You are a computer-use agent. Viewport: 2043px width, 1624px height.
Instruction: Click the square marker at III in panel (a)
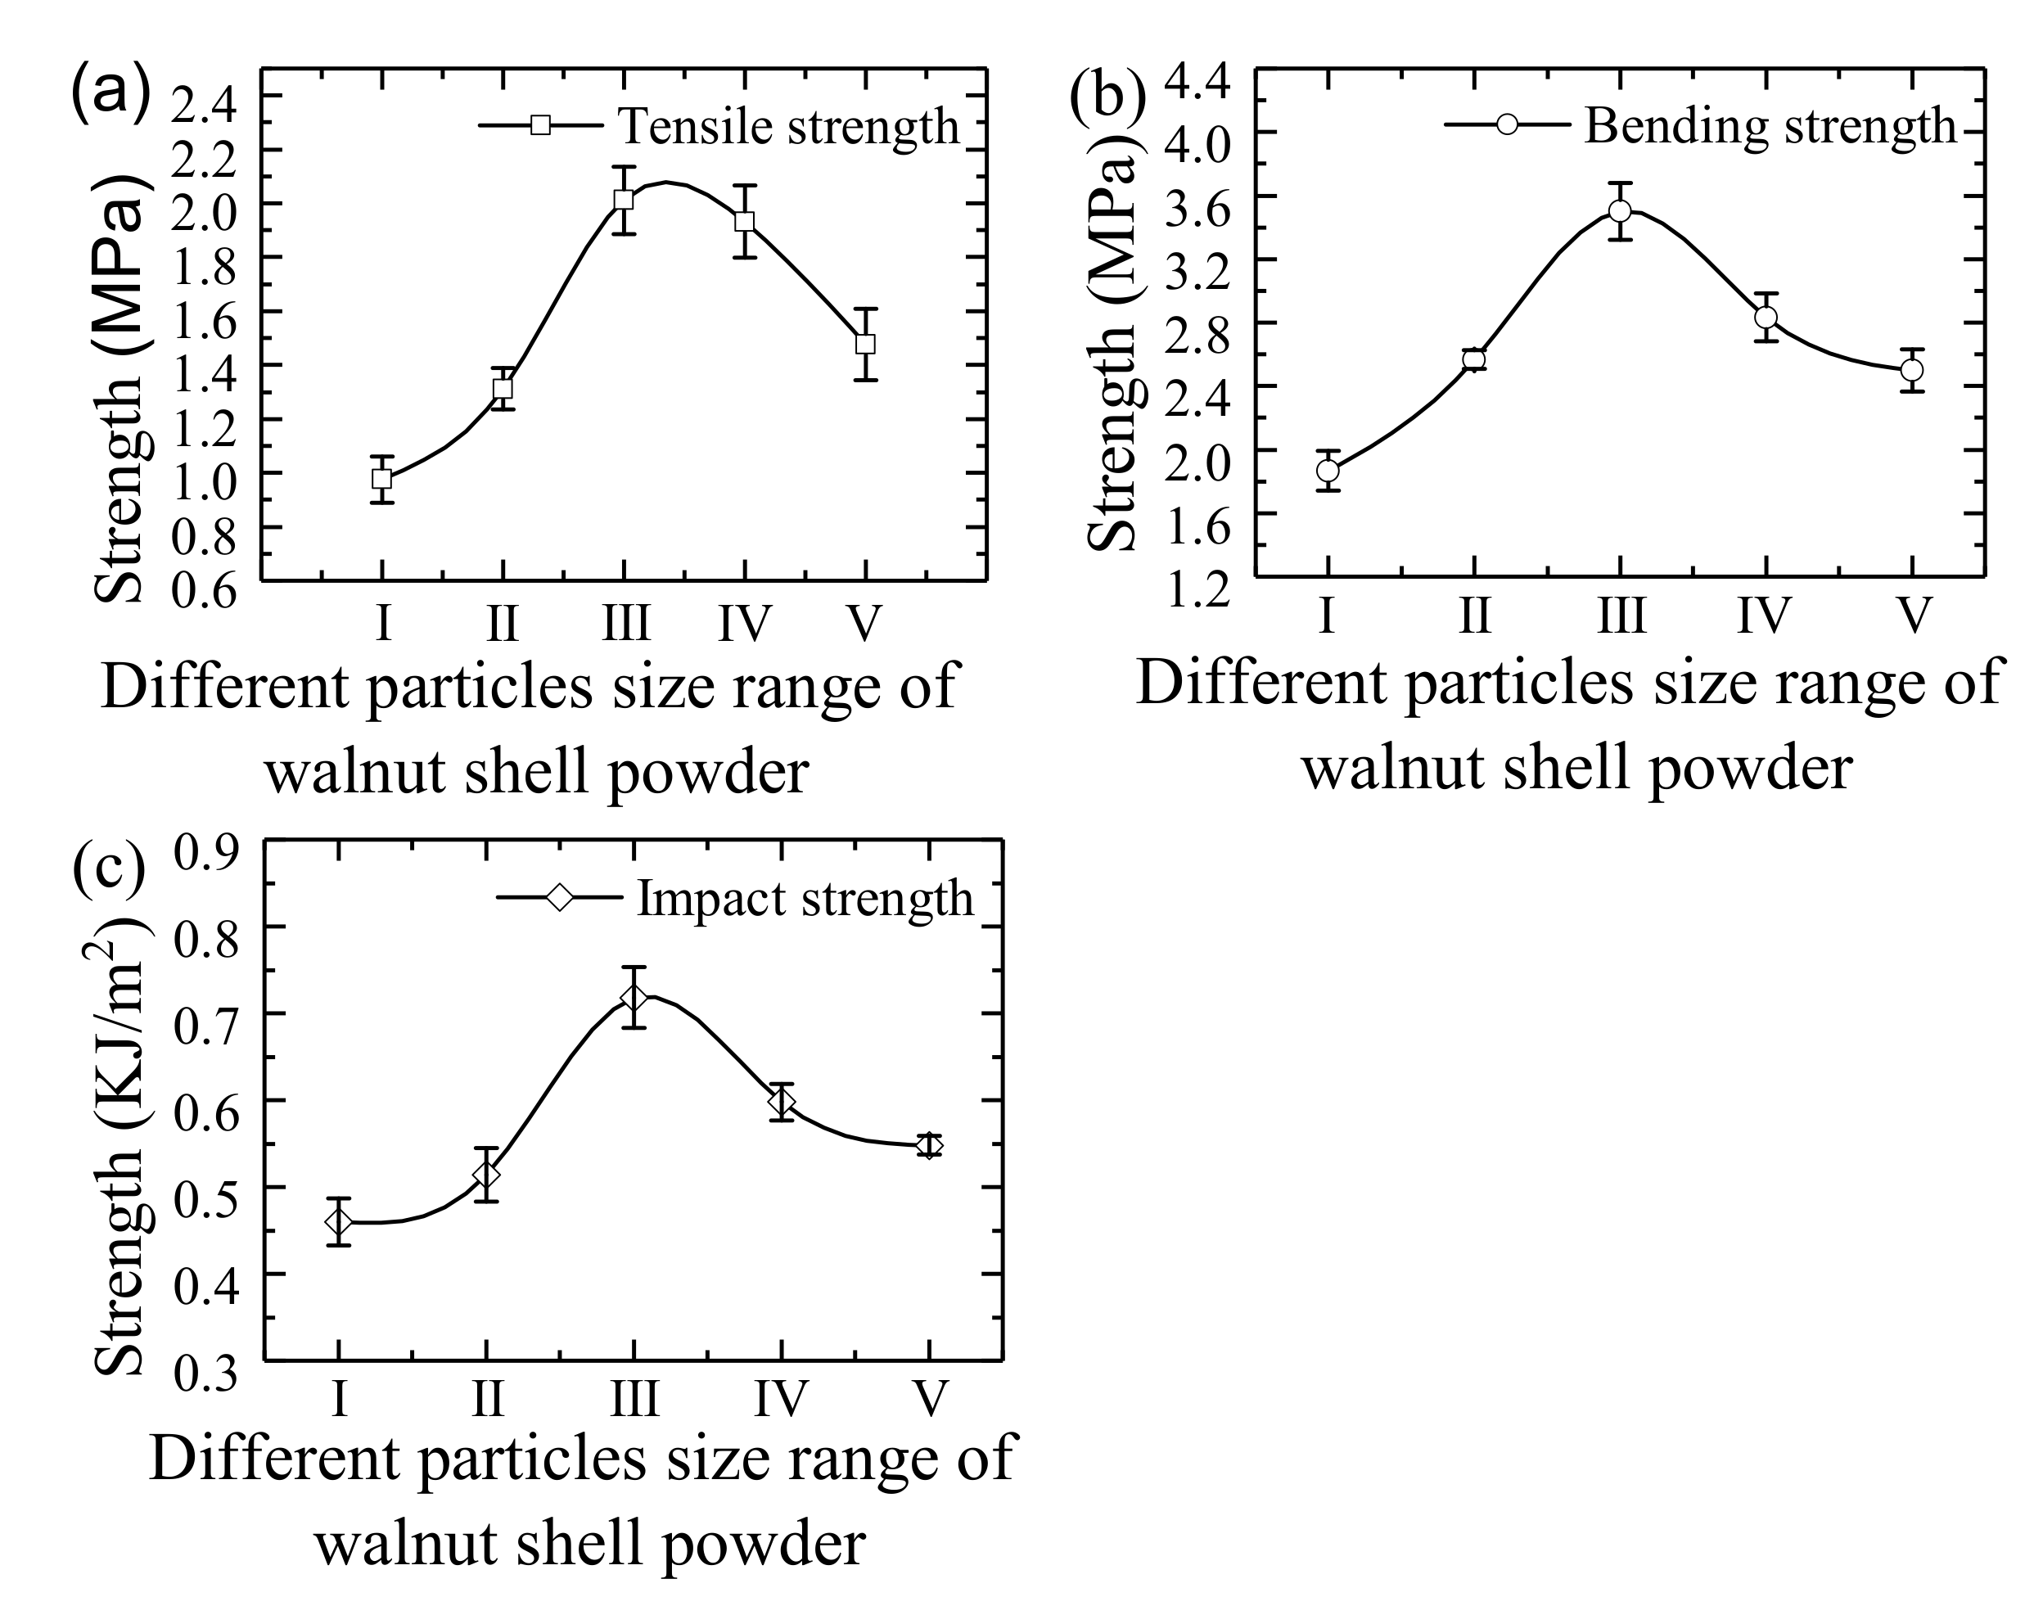click(x=623, y=200)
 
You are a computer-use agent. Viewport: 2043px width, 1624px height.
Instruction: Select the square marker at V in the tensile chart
click(x=864, y=344)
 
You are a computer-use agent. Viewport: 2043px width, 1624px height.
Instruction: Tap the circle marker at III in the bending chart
click(x=1620, y=210)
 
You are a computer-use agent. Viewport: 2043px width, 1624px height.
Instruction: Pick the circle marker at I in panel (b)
click(x=1328, y=470)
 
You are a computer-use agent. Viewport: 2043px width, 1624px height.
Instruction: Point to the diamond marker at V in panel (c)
click(x=930, y=1145)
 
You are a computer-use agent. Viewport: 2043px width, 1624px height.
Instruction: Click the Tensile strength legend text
click(x=787, y=126)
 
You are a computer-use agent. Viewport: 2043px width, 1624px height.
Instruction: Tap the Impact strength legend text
click(x=805, y=897)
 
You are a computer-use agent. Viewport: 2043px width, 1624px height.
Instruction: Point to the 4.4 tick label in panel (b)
click(x=1197, y=83)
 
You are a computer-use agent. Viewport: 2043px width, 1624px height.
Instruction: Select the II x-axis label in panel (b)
click(x=1473, y=616)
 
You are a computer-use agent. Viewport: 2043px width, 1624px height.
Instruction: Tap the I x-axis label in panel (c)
click(x=339, y=1397)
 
